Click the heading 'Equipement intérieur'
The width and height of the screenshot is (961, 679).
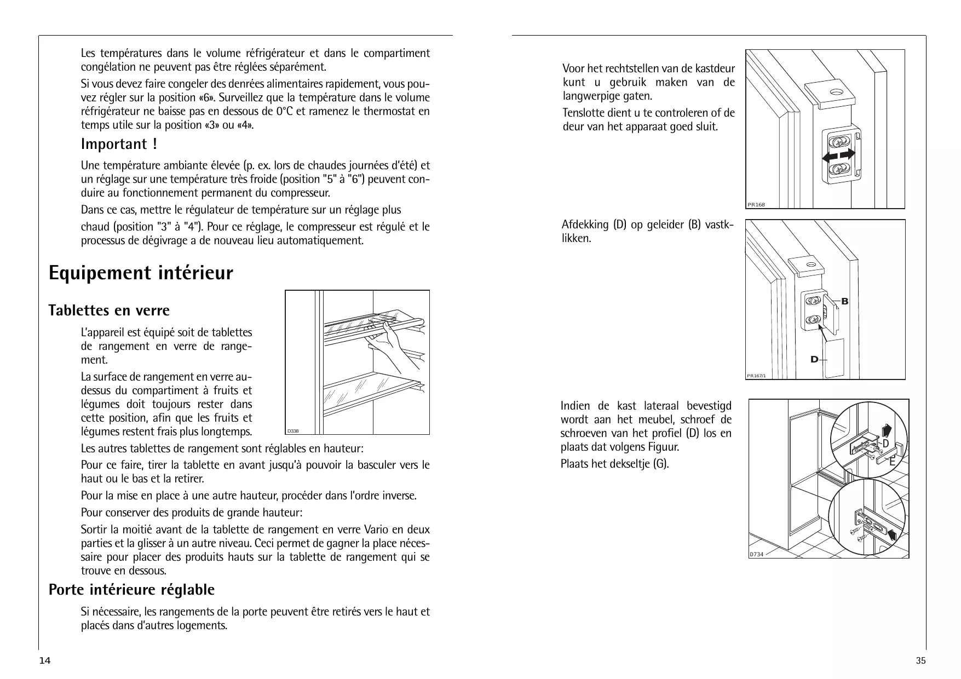pos(141,273)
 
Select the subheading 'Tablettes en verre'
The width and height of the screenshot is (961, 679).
pos(109,310)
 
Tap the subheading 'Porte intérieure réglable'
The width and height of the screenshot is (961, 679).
pos(131,590)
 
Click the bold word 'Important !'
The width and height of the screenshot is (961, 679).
pos(119,144)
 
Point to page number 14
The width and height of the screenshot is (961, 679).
pos(45,661)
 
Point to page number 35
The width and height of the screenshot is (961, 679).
pos(921,661)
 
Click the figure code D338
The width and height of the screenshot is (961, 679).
pos(294,430)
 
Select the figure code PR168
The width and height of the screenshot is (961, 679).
pos(756,205)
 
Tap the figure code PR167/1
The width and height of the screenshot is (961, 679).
pos(756,376)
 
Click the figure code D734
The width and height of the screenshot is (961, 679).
pos(756,554)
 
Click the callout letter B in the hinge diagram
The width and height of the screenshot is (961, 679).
pos(845,302)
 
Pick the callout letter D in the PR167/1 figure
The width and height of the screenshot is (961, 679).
pos(814,360)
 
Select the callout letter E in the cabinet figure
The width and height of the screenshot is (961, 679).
pos(892,462)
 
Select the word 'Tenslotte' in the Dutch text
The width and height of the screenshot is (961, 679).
pos(583,113)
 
